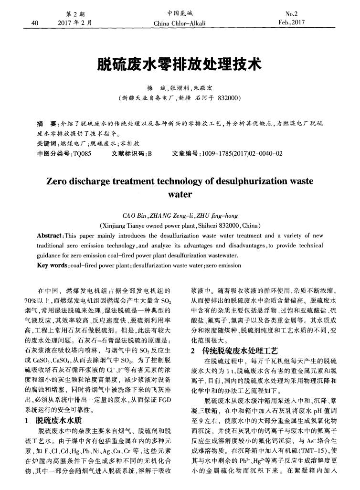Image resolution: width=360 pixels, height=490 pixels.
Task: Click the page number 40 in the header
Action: (34, 22)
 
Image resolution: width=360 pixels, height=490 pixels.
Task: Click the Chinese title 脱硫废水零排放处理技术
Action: (180, 64)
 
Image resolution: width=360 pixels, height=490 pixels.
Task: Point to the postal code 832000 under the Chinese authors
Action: (225, 98)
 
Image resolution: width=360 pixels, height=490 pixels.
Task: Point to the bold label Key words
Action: (52, 265)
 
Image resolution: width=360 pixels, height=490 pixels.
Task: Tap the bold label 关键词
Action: (46, 143)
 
